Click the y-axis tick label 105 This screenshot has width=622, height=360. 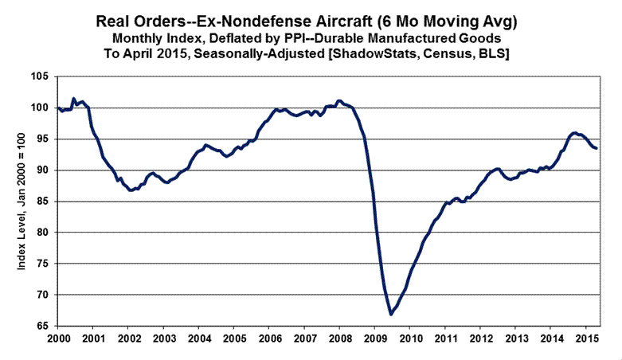tap(41, 76)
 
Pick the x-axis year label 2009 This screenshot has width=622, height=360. tap(374, 339)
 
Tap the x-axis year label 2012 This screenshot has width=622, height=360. tap(479, 339)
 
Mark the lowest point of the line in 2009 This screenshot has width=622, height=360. tap(391, 315)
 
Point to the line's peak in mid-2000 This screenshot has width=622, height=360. tap(73, 99)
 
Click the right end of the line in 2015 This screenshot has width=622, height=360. tap(597, 148)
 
